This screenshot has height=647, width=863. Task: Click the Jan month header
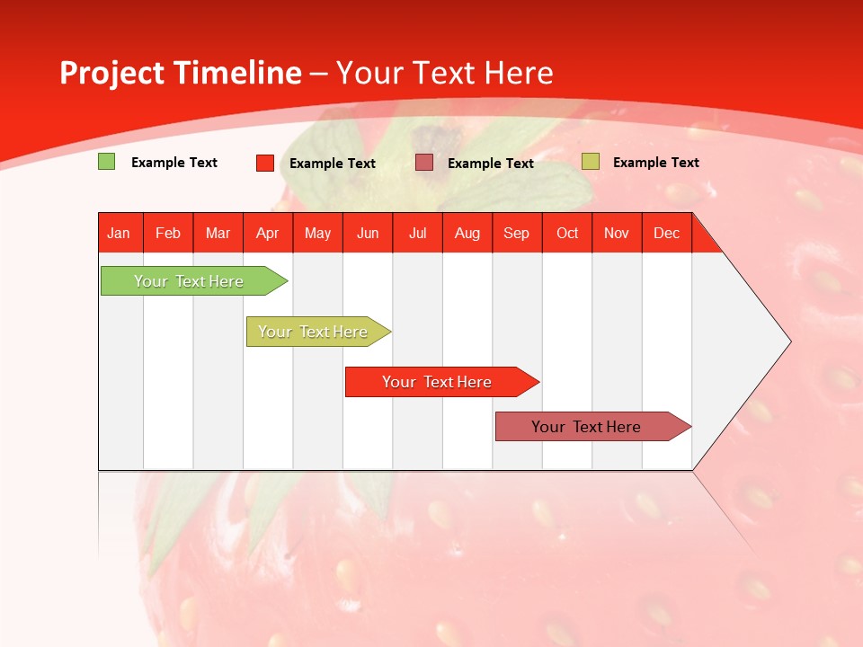tap(120, 233)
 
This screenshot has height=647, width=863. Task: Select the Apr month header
tap(268, 233)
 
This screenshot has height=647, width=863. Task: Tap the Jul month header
tap(418, 233)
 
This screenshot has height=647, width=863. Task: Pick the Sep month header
tap(517, 233)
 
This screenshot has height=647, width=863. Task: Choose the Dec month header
tap(666, 233)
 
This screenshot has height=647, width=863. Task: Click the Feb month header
tap(168, 233)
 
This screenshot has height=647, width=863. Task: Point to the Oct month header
tap(567, 233)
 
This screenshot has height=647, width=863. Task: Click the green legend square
tap(106, 162)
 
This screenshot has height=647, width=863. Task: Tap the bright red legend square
tap(265, 163)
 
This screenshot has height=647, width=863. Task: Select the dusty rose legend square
tap(424, 163)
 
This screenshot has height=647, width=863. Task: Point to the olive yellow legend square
tap(590, 162)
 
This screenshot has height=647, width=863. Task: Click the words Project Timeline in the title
tap(180, 73)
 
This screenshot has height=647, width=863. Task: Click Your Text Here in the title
tap(444, 73)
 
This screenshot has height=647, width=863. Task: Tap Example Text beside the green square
tap(174, 163)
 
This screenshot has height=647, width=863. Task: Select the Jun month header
tap(368, 233)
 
